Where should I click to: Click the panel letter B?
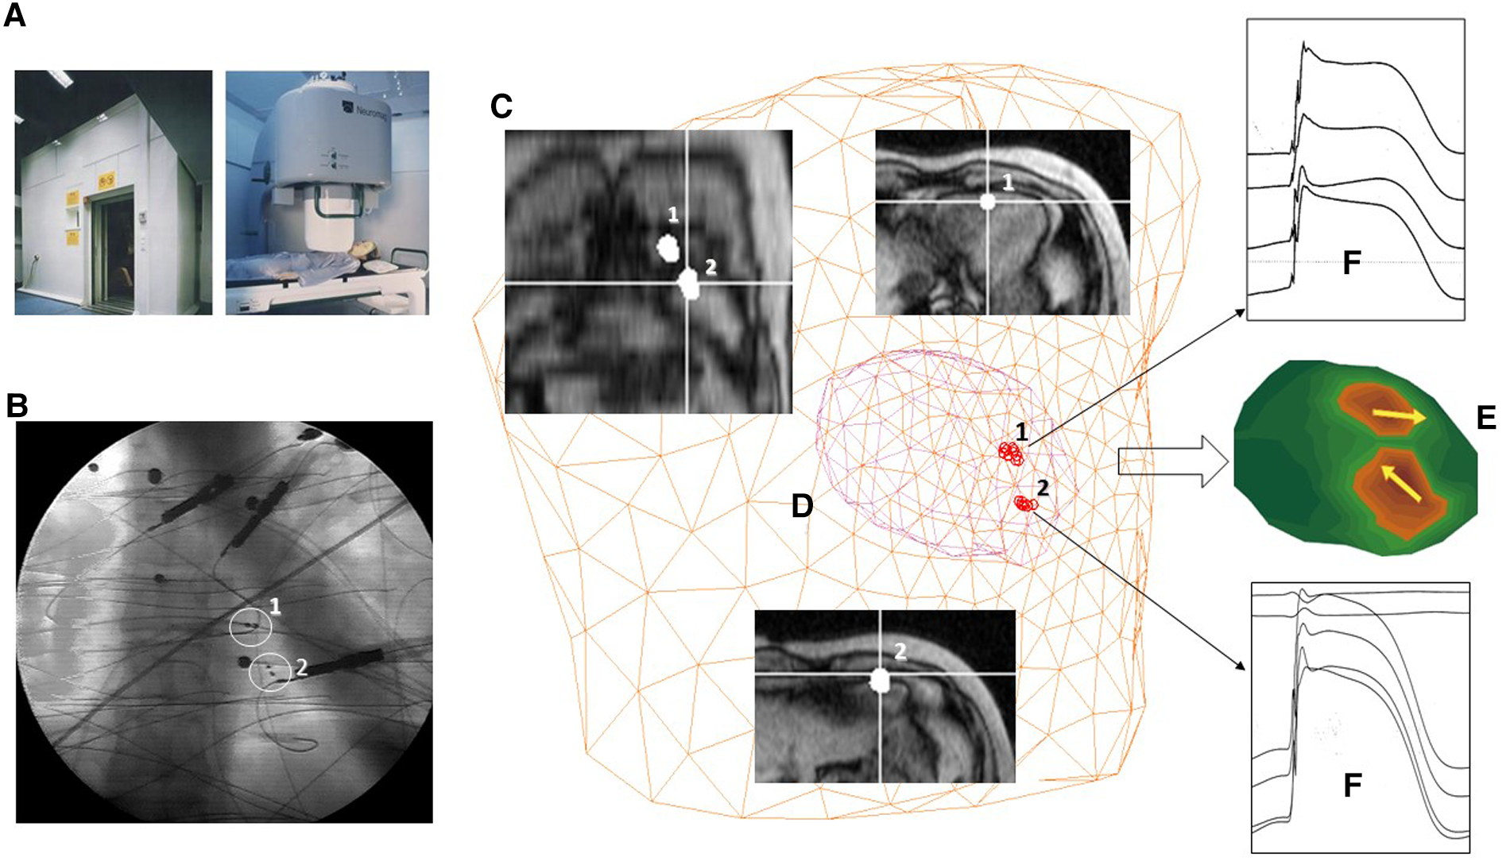(x=17, y=405)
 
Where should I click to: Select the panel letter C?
(x=501, y=106)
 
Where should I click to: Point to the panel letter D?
(x=802, y=505)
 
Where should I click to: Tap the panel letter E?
(x=1485, y=417)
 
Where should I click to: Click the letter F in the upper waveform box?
(x=1351, y=262)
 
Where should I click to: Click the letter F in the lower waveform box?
(x=1352, y=785)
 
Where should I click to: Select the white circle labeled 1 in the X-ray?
(x=250, y=628)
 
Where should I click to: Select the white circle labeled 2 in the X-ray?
(x=270, y=673)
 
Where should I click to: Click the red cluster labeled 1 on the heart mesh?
(x=1011, y=454)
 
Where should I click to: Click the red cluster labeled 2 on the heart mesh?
(x=1025, y=504)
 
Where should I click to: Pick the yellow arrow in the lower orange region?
(x=1401, y=484)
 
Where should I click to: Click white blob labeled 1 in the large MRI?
(x=668, y=248)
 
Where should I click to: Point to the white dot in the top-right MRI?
(x=987, y=202)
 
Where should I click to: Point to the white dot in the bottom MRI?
(x=880, y=680)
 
